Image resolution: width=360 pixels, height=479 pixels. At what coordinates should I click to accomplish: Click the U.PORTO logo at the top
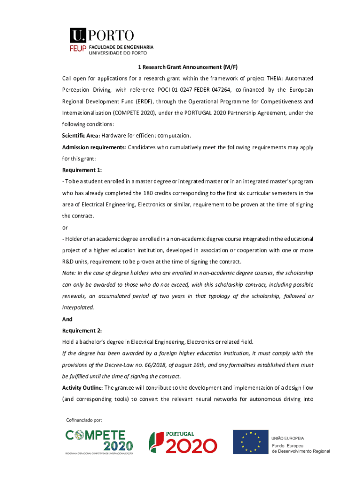(102, 36)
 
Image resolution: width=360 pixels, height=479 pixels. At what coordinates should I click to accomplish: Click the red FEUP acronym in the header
(78, 48)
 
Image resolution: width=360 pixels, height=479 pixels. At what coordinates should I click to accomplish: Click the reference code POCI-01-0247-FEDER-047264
(202, 89)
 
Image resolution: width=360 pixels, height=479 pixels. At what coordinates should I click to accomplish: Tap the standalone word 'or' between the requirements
(65, 227)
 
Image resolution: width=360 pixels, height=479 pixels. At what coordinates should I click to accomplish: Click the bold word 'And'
(67, 319)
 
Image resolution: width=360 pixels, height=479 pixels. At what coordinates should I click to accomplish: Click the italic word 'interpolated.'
(78, 307)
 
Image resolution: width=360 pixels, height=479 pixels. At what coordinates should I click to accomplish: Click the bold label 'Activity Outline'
(82, 387)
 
